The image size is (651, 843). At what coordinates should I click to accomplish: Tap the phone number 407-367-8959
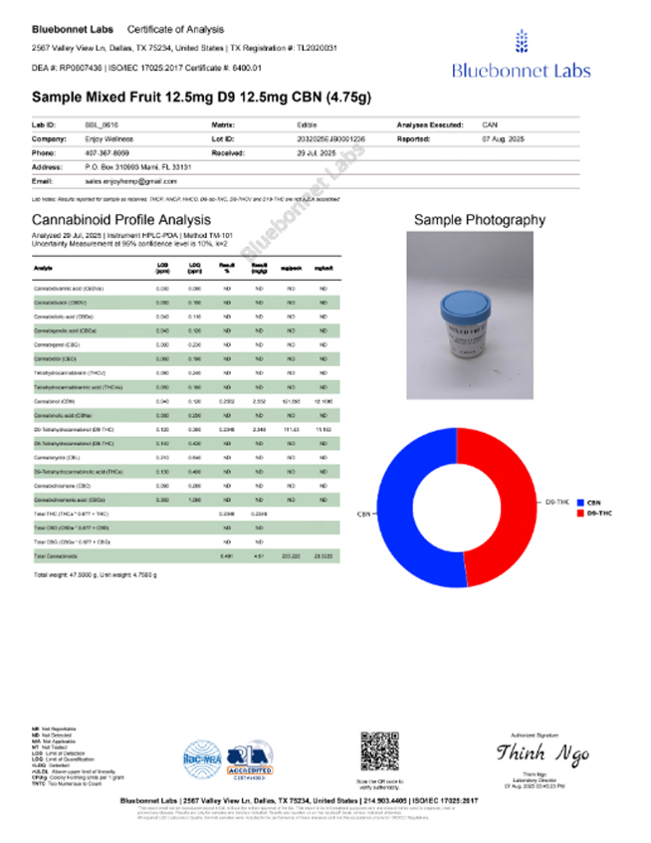tap(107, 154)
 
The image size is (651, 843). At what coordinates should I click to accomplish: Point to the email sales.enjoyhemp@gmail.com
tap(130, 182)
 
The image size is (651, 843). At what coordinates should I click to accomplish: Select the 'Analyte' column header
tap(43, 268)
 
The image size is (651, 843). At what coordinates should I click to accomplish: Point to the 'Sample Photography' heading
tap(480, 220)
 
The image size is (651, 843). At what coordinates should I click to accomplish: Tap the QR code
tap(379, 749)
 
